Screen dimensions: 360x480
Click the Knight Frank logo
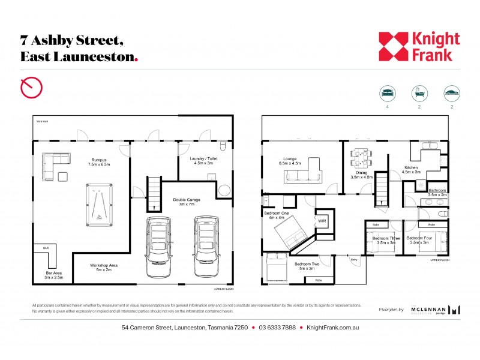point(419,47)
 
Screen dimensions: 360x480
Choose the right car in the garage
point(204,246)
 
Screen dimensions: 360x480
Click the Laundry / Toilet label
point(203,159)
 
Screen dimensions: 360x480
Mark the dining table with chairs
point(362,158)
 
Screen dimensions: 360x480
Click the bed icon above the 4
point(388,94)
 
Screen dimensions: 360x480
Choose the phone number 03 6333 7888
point(278,328)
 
